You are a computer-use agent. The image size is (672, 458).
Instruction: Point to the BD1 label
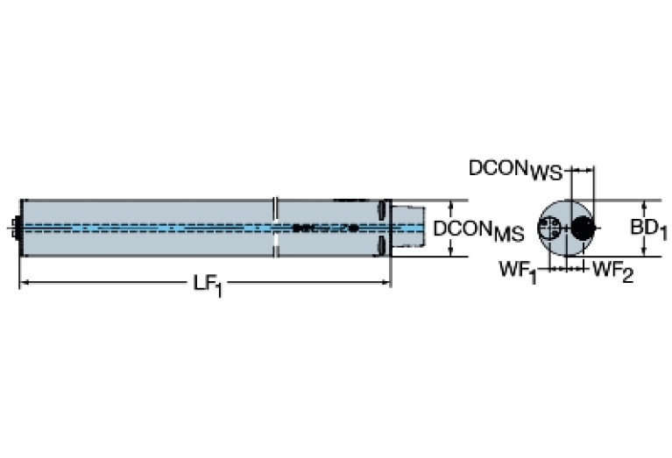pos(649,229)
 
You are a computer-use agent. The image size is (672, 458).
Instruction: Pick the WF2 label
pos(612,271)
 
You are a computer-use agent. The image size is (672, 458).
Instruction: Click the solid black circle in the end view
pos(581,229)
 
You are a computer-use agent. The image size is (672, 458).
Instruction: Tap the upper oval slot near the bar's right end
pos(382,211)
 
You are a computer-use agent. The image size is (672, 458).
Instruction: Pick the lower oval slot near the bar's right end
pos(382,245)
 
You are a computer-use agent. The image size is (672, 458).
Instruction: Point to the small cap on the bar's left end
pos(15,228)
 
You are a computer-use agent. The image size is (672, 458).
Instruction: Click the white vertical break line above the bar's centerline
pos(276,209)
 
